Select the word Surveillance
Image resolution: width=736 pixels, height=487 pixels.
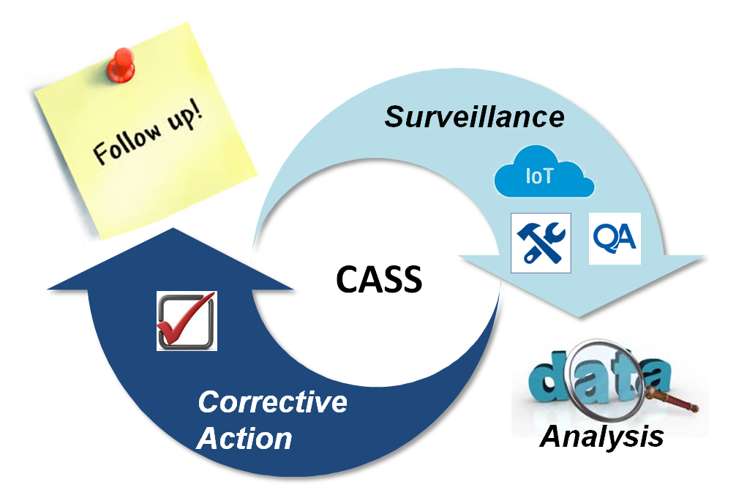pos(475,116)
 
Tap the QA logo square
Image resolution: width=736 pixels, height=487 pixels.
pos(615,238)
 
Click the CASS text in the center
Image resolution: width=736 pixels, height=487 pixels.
pos(380,279)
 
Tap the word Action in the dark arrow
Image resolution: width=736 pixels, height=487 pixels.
pos(245,439)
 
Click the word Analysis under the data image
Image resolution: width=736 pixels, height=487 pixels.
pos(601,437)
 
